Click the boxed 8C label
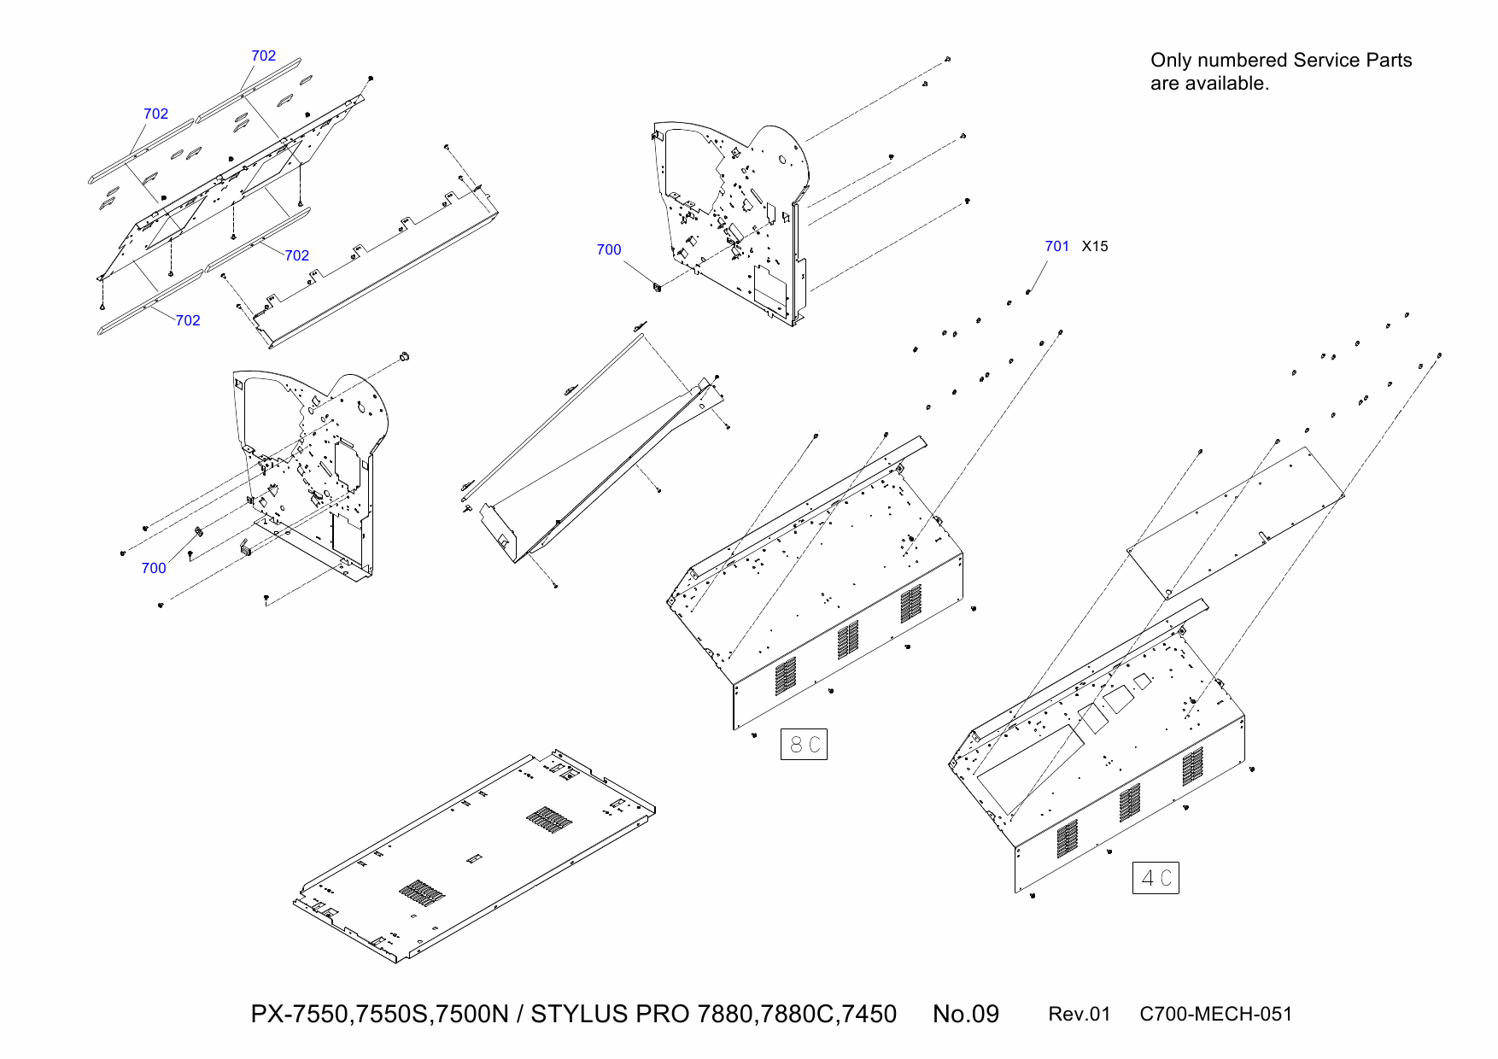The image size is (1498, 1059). (804, 745)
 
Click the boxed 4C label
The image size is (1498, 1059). (1156, 878)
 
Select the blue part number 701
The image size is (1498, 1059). (1056, 246)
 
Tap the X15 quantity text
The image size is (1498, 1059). (1094, 246)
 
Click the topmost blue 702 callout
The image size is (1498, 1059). (263, 56)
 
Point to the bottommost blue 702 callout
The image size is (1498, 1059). (188, 320)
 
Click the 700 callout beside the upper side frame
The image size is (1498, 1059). (608, 249)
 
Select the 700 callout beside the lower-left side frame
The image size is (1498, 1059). (154, 568)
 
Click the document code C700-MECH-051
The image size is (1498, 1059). (1215, 1014)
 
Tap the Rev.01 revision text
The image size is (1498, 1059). (1079, 1014)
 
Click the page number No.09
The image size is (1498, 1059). (965, 1014)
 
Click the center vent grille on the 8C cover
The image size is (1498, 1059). (848, 639)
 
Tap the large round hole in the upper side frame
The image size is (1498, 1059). (782, 160)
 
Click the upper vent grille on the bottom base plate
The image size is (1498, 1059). (548, 820)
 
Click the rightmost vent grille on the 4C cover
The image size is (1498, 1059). (1193, 766)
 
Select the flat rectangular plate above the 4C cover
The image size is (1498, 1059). (1234, 523)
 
